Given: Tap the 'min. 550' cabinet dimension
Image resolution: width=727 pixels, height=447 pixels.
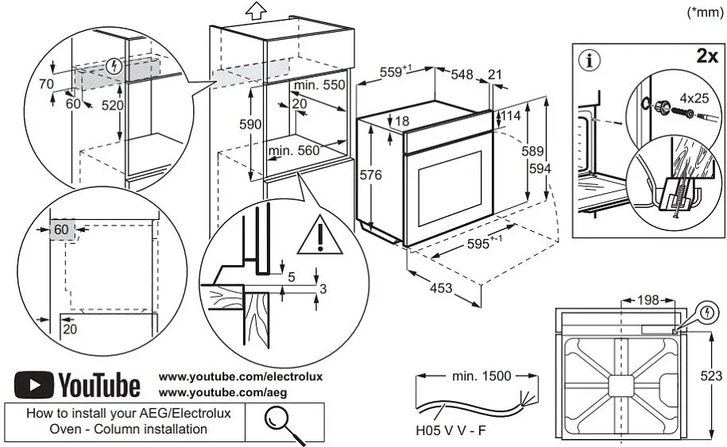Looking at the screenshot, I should click(x=319, y=85).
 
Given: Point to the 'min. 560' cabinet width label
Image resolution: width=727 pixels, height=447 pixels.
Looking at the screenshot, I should click(x=293, y=150).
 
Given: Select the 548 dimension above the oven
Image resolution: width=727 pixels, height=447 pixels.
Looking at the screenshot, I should click(x=462, y=75).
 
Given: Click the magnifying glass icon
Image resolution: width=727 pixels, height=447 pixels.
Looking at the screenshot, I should click(x=285, y=422).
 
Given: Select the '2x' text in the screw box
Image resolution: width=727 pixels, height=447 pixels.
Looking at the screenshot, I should click(x=706, y=57).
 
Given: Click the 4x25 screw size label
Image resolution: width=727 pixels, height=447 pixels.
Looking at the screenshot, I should click(x=694, y=100).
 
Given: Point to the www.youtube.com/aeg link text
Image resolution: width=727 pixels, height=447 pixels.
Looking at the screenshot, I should click(x=222, y=392).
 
